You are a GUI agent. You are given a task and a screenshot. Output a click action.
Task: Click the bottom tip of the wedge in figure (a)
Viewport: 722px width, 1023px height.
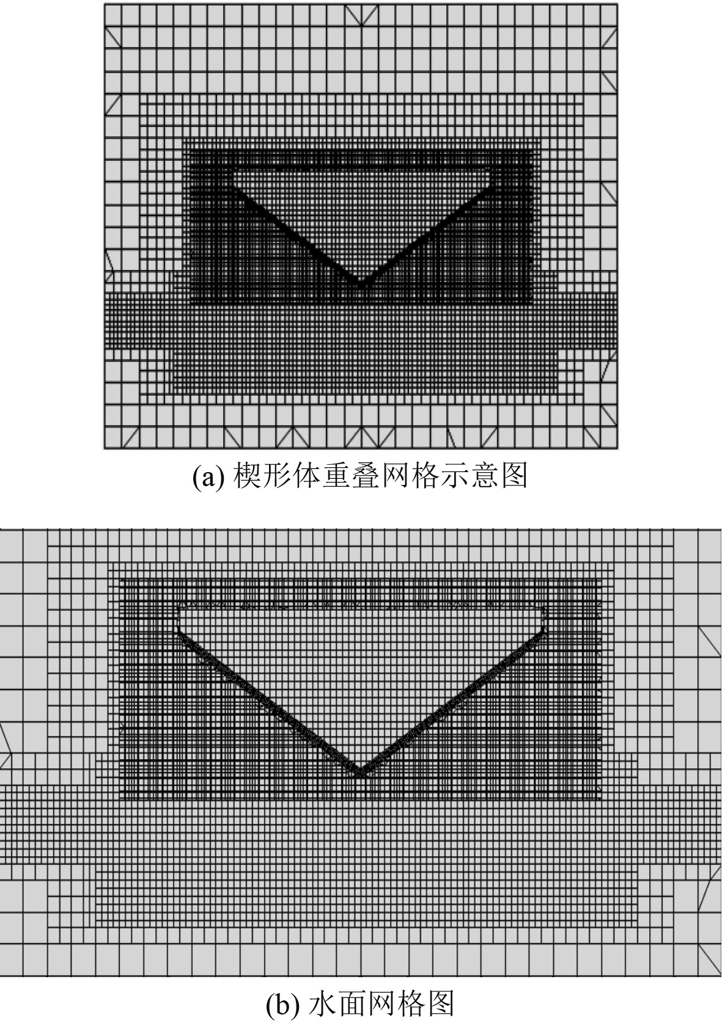360,285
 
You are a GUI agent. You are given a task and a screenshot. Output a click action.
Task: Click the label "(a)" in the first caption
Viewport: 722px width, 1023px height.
205,477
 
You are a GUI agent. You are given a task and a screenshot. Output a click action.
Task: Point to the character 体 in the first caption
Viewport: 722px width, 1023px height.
308,476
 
